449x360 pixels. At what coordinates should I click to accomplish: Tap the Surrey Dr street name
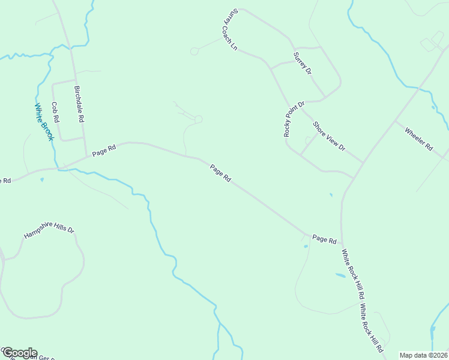(x=303, y=63)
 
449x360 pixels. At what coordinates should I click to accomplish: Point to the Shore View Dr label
(x=329, y=136)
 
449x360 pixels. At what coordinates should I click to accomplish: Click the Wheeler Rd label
(x=418, y=139)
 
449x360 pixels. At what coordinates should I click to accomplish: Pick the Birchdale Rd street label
(x=79, y=104)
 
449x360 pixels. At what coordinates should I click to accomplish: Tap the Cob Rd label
(x=55, y=113)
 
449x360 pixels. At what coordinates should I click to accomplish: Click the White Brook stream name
(x=44, y=122)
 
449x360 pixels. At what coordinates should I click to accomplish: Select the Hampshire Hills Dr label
(x=49, y=232)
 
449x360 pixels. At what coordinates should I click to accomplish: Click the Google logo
(x=20, y=353)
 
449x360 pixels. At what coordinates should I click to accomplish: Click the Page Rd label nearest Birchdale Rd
(x=103, y=151)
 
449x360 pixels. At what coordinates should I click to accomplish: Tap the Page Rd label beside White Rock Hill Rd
(x=324, y=239)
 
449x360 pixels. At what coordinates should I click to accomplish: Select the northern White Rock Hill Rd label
(x=353, y=274)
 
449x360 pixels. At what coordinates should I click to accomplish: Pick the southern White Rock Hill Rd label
(x=372, y=328)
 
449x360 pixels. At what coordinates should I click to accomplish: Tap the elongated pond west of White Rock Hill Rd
(x=340, y=275)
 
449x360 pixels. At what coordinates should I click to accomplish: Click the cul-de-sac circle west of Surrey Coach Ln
(x=194, y=52)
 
